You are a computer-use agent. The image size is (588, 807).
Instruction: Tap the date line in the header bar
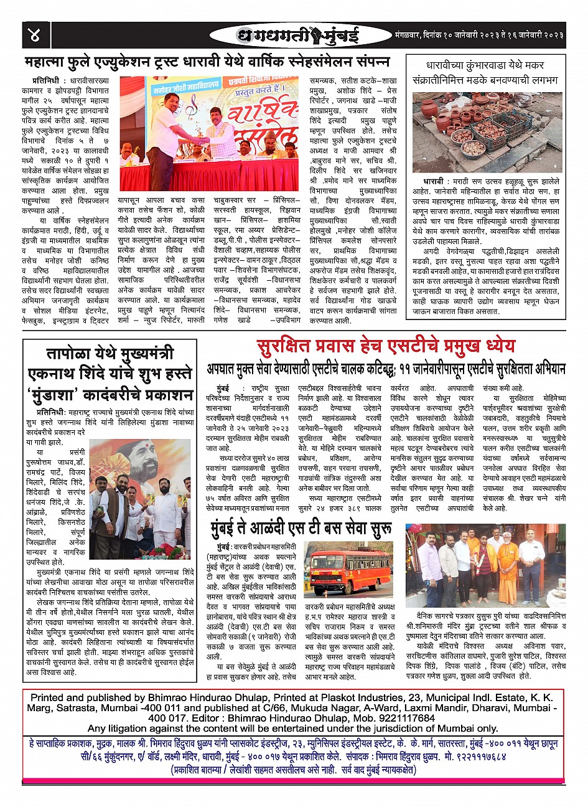tap(478, 35)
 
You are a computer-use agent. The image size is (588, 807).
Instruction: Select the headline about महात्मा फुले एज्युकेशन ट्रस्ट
tap(208, 62)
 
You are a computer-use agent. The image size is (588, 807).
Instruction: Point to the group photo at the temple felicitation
tap(485, 565)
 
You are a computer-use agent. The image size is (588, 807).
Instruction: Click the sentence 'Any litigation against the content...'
tap(292, 729)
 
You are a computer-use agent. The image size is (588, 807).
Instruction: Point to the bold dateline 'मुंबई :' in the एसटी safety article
tap(220, 388)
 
